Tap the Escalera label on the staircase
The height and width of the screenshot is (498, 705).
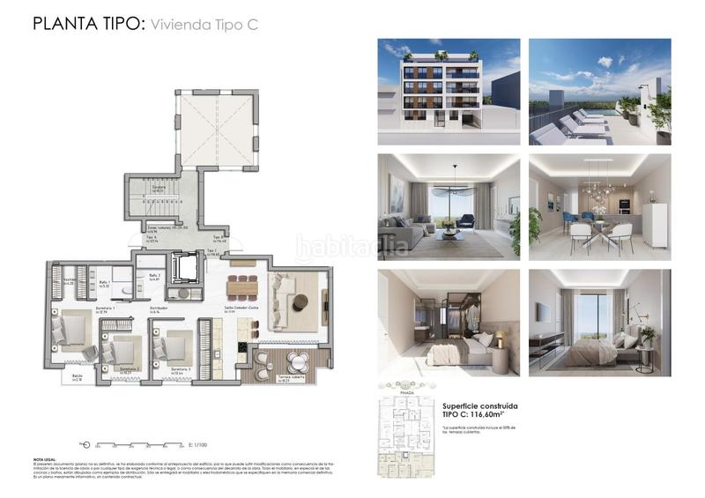coord(160,188)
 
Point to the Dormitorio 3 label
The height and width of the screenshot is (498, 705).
coord(181,369)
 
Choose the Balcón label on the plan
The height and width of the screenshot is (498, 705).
coord(78,377)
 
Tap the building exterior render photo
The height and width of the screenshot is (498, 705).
coord(437,92)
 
